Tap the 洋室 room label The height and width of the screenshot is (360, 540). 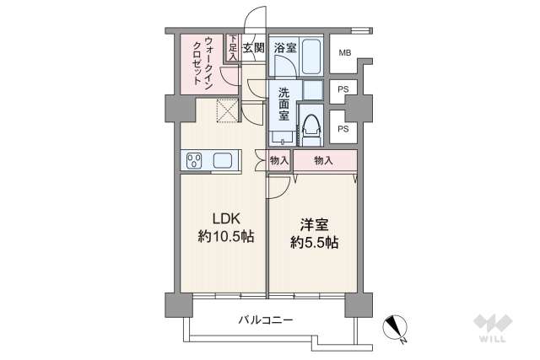pos(313,227)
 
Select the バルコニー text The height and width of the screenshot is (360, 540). pos(265,320)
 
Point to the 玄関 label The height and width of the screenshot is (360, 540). pos(254,49)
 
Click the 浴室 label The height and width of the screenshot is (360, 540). pos(284,49)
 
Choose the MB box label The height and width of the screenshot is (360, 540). pos(344,56)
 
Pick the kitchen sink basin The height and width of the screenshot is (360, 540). pos(224,160)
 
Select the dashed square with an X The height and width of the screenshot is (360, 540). pos(226,110)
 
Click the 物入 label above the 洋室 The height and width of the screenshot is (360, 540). pos(323,159)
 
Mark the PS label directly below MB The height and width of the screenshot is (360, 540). pos(342,89)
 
